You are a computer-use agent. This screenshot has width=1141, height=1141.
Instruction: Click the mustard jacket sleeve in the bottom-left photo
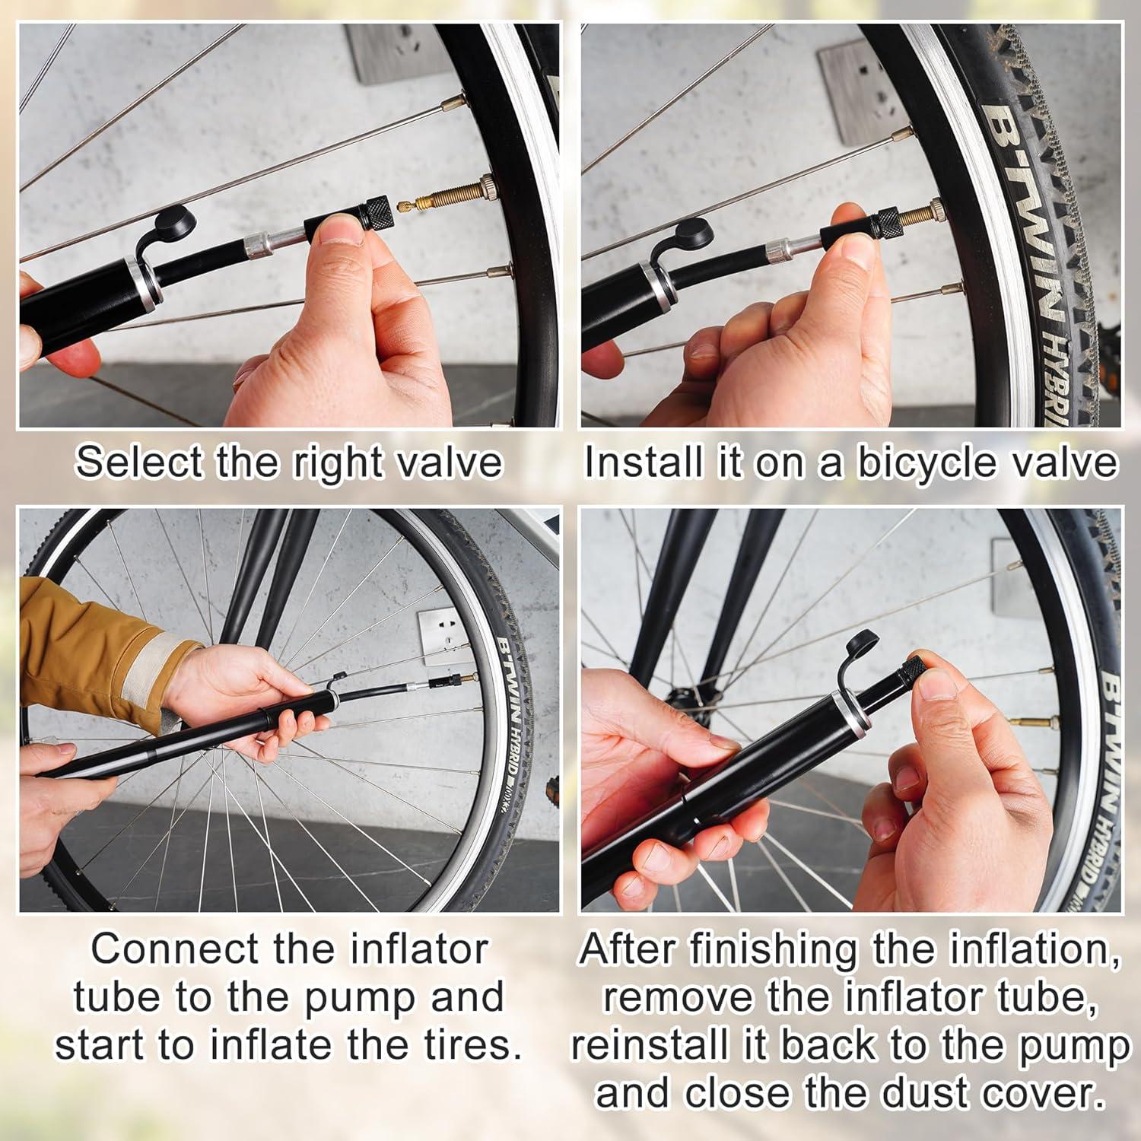pyautogui.click(x=91, y=647)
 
